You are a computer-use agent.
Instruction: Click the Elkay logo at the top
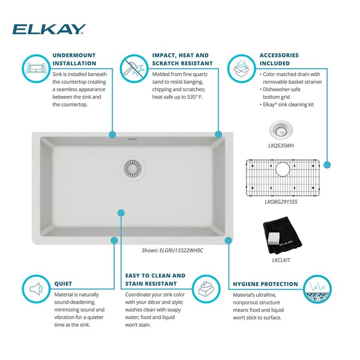click(49, 29)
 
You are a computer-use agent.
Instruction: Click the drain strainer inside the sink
click(131, 167)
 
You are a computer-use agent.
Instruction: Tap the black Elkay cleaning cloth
click(283, 238)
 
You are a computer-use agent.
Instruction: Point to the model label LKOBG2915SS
click(281, 202)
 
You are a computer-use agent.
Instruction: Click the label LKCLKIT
click(281, 260)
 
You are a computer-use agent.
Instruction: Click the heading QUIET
click(63, 284)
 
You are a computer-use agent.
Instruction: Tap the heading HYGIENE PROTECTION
click(265, 284)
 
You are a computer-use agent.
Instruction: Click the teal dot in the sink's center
click(121, 213)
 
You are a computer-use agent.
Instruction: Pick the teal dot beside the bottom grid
click(327, 164)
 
